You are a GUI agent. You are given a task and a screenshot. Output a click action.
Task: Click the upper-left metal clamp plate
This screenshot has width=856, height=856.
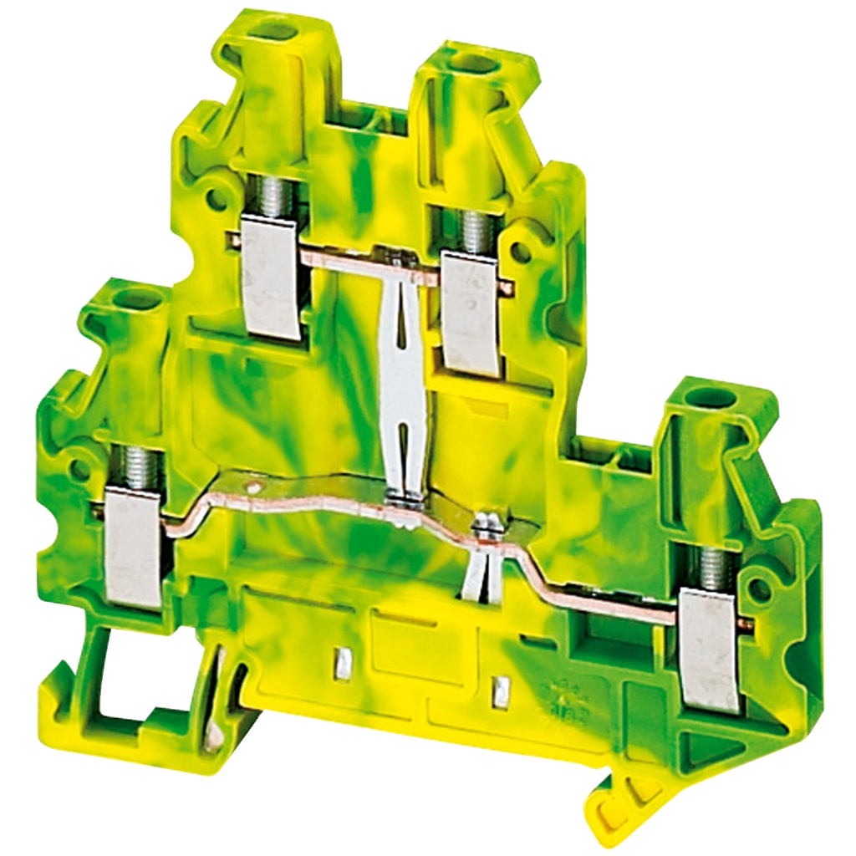270,276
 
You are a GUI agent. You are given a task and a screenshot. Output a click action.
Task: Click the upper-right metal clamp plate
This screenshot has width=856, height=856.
470,311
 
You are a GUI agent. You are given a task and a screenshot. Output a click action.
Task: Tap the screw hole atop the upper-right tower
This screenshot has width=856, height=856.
474,63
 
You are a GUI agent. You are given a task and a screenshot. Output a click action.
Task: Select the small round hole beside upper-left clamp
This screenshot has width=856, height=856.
216,197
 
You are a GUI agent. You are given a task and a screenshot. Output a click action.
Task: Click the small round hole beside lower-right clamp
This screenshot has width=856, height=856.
760,590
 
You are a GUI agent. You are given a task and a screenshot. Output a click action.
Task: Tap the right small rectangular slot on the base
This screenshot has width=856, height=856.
502,690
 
